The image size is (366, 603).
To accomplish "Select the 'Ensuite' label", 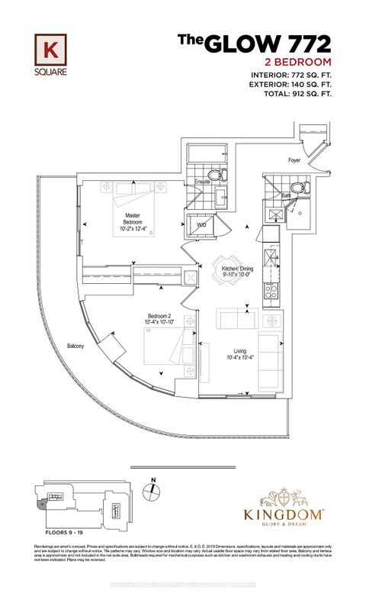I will coord(202,182).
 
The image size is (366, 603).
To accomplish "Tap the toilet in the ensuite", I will coord(217,174).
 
